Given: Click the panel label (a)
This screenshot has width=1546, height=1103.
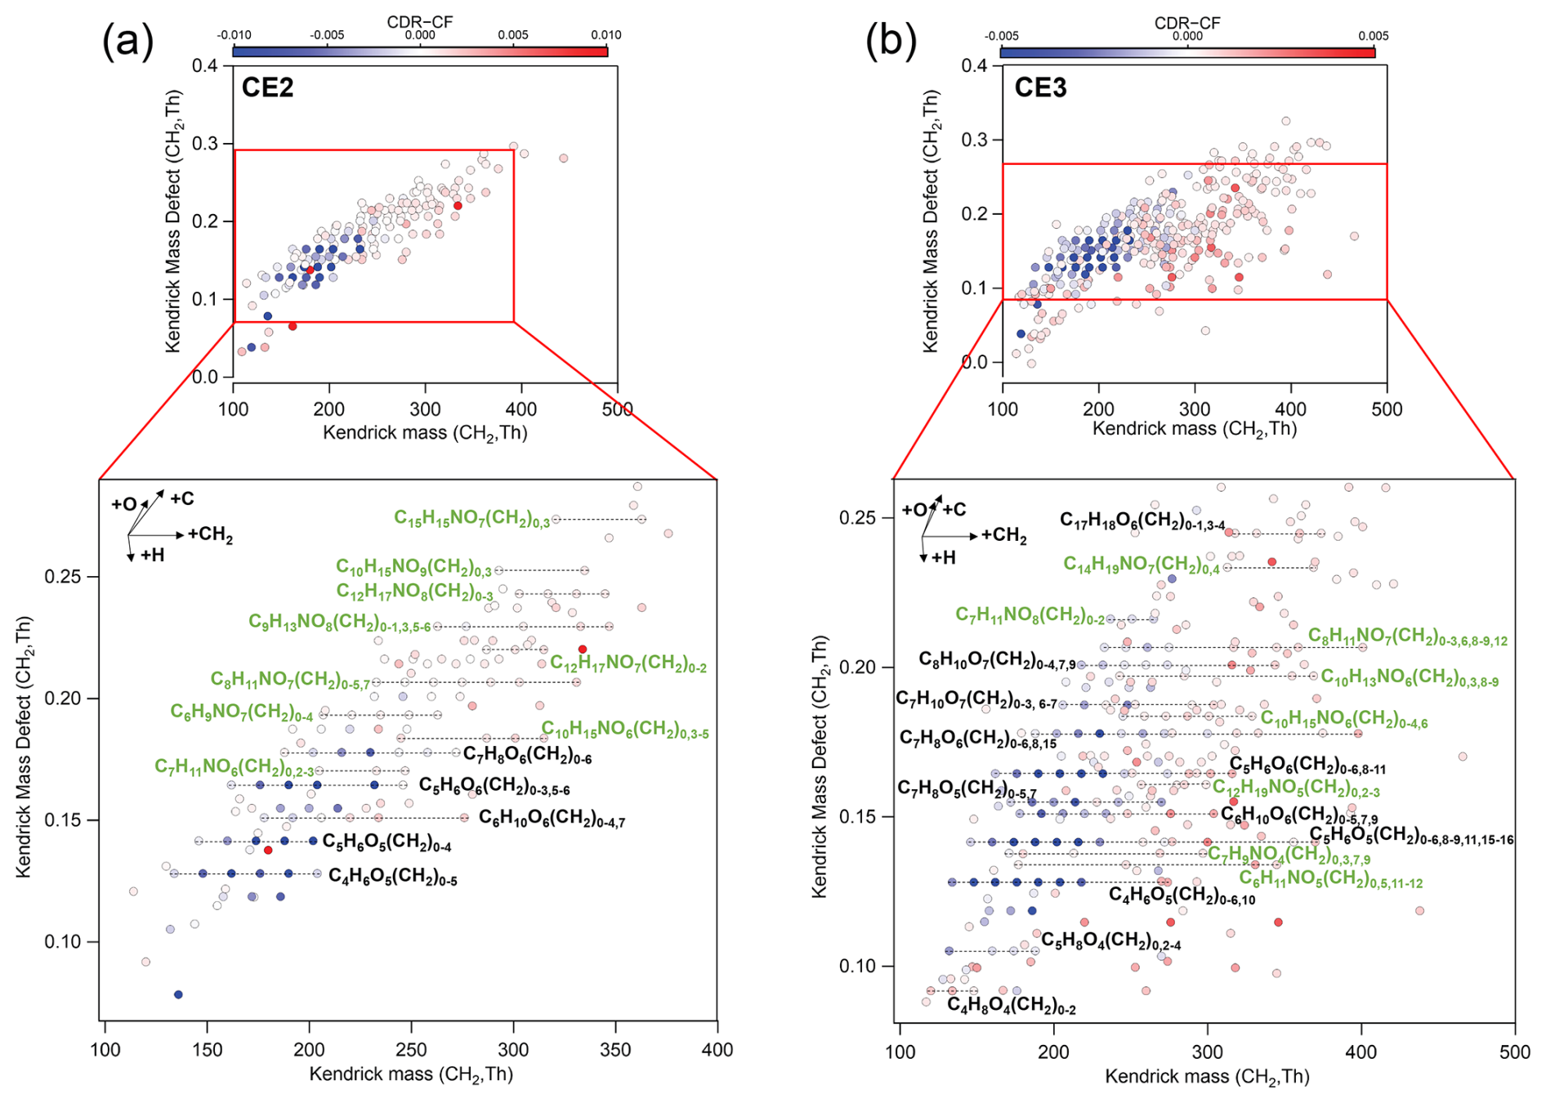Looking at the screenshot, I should click(x=127, y=41).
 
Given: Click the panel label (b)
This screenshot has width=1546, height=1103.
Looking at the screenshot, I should click(x=891, y=41).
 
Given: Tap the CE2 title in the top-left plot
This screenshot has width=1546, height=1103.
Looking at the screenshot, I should click(x=267, y=87).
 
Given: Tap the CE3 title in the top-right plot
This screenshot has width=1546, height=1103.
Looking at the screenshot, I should click(x=1040, y=87).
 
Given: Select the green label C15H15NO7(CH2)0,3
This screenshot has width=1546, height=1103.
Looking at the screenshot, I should click(x=471, y=519).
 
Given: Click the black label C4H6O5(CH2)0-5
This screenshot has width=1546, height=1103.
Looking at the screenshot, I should click(x=393, y=877).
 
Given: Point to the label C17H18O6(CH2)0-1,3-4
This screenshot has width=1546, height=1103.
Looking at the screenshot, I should click(x=1142, y=521).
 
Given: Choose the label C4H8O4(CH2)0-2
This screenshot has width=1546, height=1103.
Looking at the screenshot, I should click(x=1011, y=1006).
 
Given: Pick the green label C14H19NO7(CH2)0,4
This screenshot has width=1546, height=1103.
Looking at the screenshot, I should click(x=1141, y=565).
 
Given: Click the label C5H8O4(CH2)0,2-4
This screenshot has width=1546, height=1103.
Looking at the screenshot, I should click(x=1110, y=941).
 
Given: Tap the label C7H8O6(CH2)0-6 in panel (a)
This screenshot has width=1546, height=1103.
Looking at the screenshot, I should click(x=527, y=755).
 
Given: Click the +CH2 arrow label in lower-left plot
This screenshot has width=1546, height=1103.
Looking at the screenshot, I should click(x=210, y=535).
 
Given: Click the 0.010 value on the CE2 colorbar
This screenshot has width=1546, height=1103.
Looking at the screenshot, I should click(x=606, y=35).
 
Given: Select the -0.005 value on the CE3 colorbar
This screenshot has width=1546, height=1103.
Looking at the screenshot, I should click(x=1002, y=36).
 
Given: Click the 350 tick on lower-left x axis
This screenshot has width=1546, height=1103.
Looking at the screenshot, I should click(x=615, y=1050).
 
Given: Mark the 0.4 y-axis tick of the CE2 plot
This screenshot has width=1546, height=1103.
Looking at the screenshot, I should click(x=205, y=65).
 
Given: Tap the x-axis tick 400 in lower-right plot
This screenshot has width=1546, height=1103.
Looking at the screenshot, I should click(x=1361, y=1052).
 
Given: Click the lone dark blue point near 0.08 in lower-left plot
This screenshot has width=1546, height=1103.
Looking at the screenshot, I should click(x=178, y=994).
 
